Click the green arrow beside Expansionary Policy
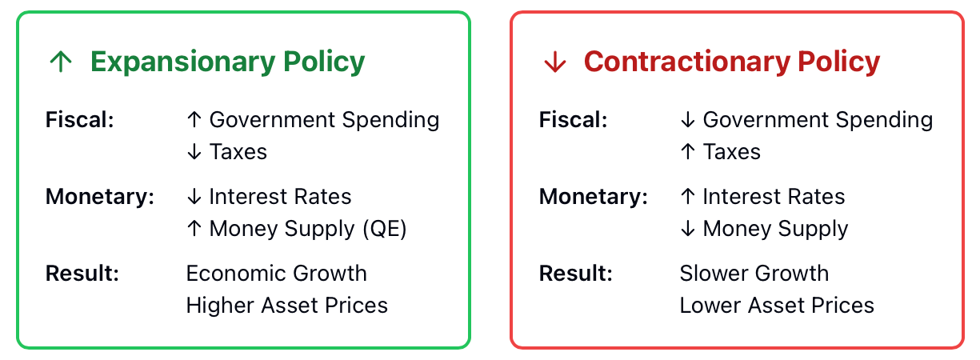61,62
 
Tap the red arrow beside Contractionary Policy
554,62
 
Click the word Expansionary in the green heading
183,62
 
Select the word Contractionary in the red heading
687,62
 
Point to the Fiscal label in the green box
80,120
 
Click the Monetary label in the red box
594,197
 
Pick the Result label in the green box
82,274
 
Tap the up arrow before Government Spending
194,119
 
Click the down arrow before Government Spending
688,119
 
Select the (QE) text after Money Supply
385,229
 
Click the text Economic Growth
277,274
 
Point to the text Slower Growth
754,274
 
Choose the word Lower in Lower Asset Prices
710,306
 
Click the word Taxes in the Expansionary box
238,152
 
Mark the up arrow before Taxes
688,152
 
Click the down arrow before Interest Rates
194,197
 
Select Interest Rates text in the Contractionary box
774,197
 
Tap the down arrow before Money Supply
688,229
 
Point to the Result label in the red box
576,274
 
